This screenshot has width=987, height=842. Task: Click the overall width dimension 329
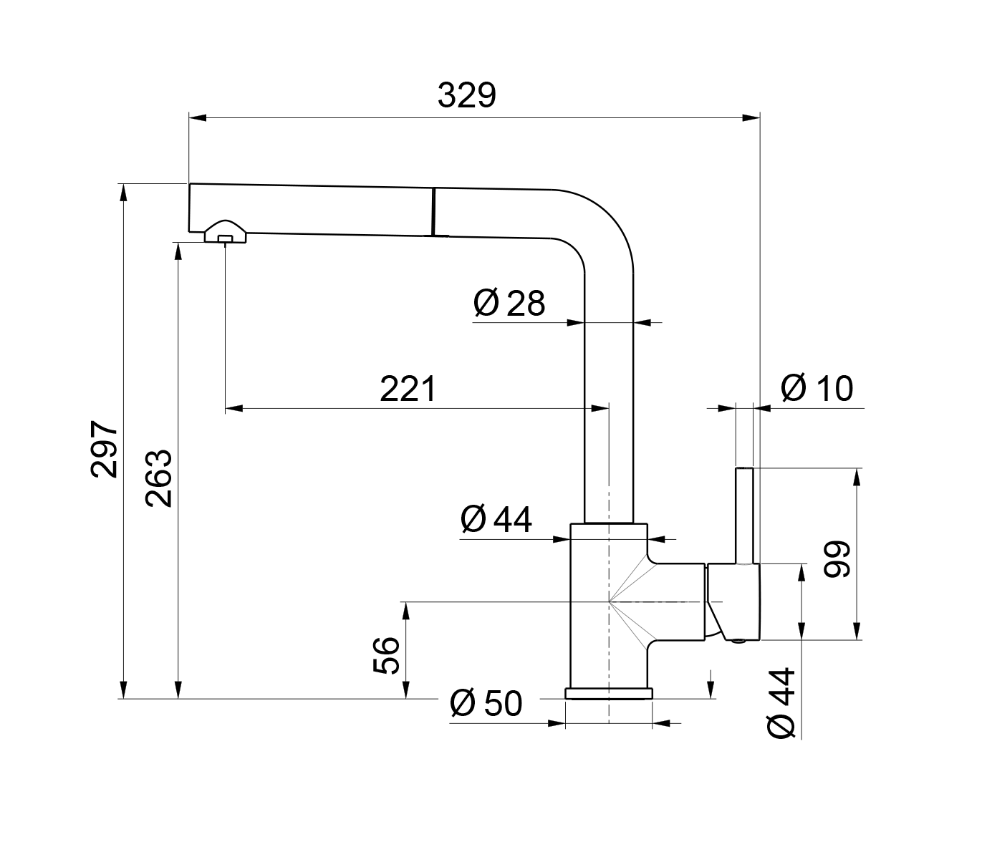point(466,95)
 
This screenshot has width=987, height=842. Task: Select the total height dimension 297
point(104,449)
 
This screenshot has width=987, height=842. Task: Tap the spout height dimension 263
point(158,478)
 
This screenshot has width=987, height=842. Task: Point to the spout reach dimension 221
point(408,389)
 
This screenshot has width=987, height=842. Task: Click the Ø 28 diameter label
point(509,303)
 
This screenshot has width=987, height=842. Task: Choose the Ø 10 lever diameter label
point(817,388)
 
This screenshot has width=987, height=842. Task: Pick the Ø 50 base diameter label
point(486,703)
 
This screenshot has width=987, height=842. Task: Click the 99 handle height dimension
point(837,559)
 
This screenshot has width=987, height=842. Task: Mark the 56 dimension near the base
point(386,655)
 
